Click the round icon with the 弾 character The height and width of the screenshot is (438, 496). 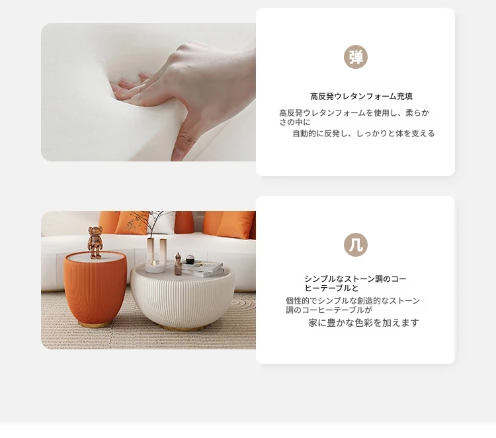(x=356, y=57)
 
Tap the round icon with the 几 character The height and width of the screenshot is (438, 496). (x=356, y=245)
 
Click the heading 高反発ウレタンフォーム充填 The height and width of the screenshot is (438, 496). (x=361, y=96)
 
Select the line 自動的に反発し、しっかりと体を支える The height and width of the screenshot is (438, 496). (x=364, y=134)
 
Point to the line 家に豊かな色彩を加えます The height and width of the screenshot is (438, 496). (x=364, y=323)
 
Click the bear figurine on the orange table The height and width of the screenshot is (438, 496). (x=95, y=242)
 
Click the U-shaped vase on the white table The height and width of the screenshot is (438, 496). (x=155, y=255)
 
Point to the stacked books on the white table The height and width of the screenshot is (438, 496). (x=202, y=269)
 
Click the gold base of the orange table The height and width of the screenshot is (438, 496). (x=95, y=324)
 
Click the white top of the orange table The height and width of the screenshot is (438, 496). (x=95, y=257)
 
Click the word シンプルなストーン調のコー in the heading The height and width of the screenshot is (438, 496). (x=355, y=279)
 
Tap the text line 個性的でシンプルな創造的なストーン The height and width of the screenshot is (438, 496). (x=352, y=300)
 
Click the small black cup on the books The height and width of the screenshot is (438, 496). (x=190, y=259)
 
